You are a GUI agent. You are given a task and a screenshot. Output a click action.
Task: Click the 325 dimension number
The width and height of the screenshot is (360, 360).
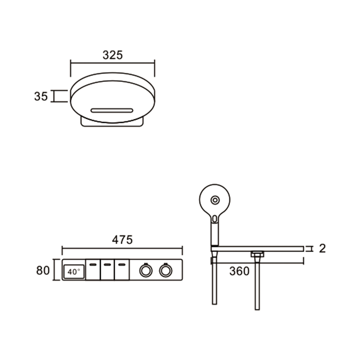112,55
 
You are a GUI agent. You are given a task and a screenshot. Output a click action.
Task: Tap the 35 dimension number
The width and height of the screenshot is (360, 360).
41,96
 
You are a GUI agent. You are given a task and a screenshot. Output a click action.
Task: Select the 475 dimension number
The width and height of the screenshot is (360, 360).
122,240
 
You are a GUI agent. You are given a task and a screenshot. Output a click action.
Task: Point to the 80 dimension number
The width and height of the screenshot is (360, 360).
43,270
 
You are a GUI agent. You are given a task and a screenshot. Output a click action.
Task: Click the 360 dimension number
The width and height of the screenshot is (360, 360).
239,271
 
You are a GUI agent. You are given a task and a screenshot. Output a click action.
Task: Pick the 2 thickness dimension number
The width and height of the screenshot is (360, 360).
322,248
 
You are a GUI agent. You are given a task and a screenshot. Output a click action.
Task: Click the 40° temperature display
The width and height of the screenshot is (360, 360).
74,272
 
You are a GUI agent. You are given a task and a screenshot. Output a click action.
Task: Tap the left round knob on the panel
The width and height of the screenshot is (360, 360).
146,270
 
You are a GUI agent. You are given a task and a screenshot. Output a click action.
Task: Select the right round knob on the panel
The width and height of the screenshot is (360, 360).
166,270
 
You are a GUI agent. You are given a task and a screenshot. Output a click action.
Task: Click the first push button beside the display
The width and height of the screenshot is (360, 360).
93,270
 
